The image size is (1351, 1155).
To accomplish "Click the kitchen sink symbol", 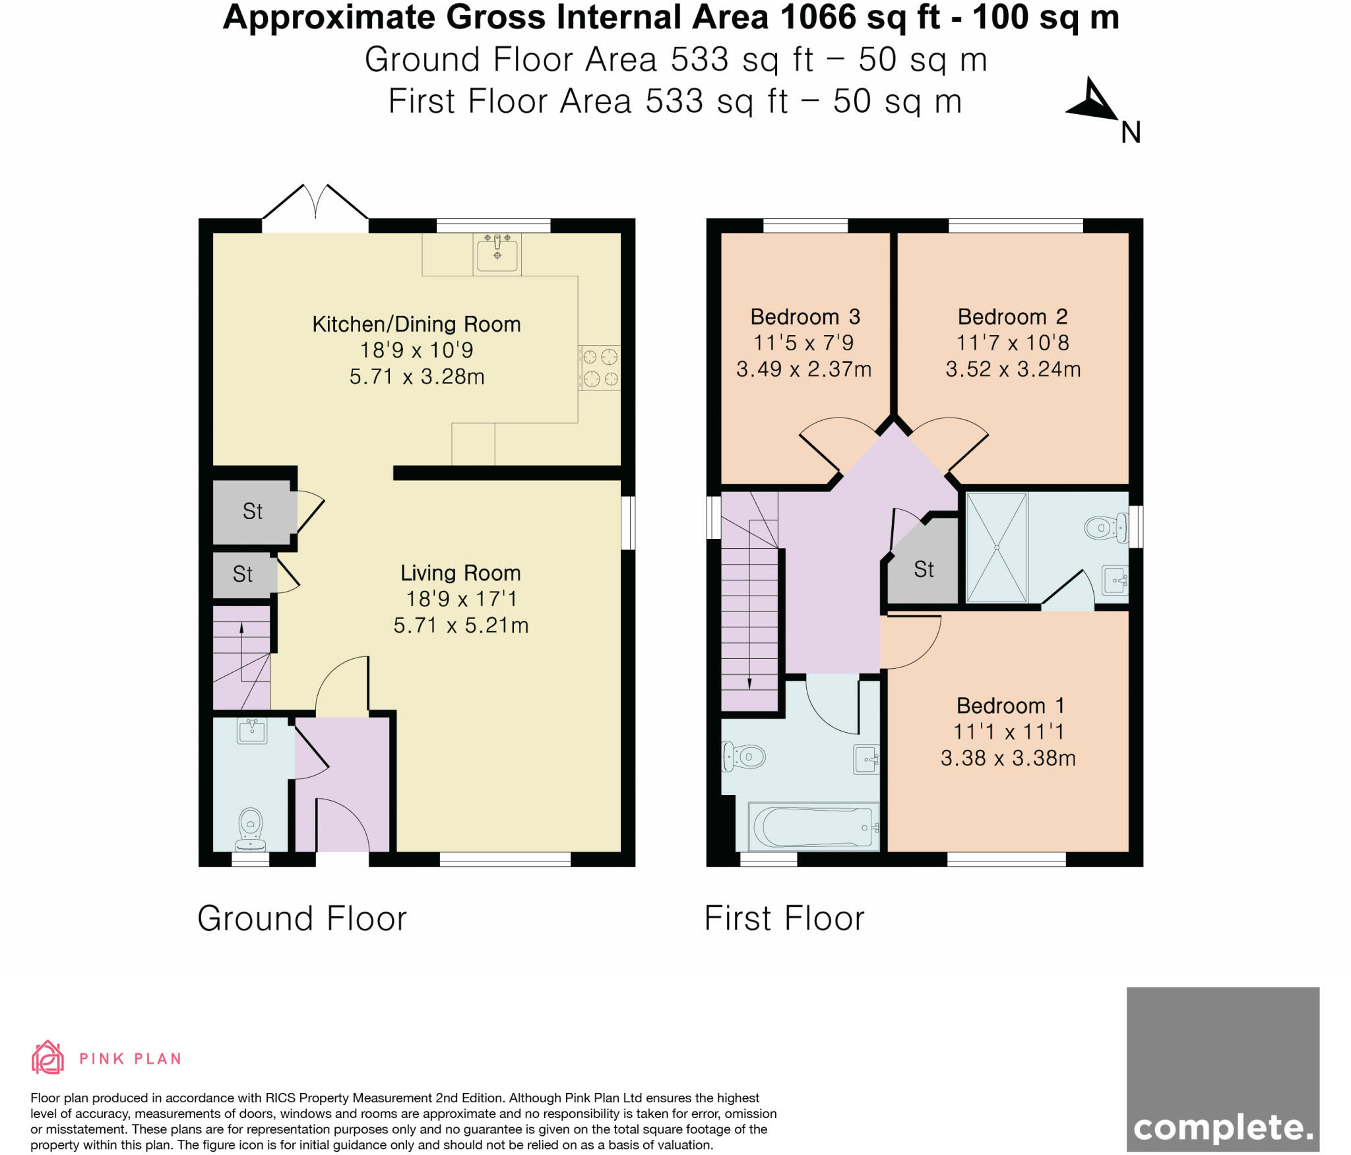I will (x=497, y=254).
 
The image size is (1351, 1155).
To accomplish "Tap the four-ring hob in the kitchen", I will (x=600, y=368).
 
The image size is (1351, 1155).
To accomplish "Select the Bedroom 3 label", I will (x=805, y=317).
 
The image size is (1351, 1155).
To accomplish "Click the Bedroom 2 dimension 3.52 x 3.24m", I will (x=1013, y=369).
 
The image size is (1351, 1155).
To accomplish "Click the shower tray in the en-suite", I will (x=996, y=547).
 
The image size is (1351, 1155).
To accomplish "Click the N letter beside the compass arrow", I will (x=1131, y=133).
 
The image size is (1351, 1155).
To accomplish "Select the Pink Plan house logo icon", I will (x=47, y=1058).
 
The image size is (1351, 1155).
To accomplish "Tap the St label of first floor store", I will (x=924, y=570).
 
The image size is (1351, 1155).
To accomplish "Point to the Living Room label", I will (x=460, y=573).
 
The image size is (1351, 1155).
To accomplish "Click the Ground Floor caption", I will (x=302, y=919).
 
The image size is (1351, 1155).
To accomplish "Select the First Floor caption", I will (x=784, y=919).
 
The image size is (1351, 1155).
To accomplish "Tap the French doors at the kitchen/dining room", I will (x=315, y=204).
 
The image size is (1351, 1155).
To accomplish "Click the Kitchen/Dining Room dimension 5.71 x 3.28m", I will (x=417, y=377).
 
